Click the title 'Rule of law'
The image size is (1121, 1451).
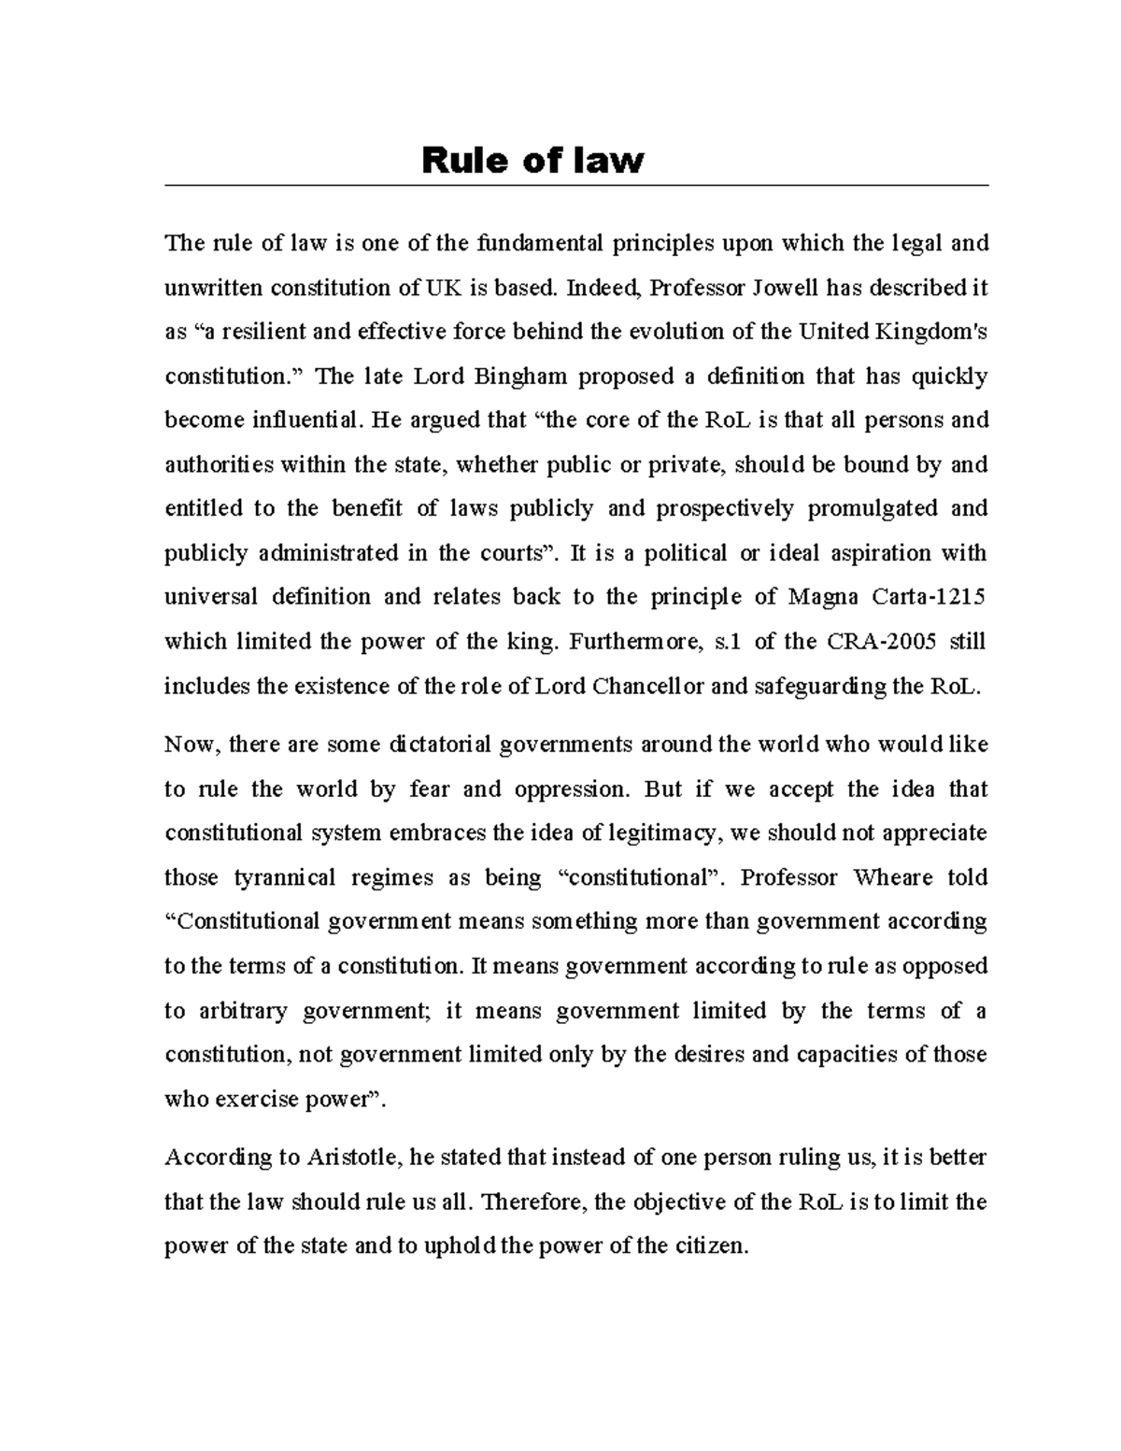[x=532, y=161]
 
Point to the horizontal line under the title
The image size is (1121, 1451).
[x=575, y=186]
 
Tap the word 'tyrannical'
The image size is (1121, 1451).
[x=284, y=878]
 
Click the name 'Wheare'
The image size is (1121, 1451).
[x=892, y=878]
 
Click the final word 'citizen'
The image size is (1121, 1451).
[x=710, y=1246]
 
